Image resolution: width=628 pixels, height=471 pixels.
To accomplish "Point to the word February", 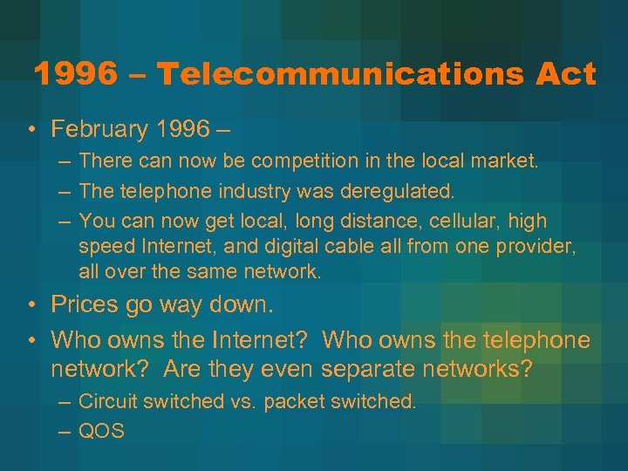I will (100, 130).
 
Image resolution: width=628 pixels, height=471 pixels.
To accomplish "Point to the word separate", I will (370, 368).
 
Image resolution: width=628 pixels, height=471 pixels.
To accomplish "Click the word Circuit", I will (108, 401).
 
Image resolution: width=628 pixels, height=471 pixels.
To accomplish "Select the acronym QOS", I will (101, 431).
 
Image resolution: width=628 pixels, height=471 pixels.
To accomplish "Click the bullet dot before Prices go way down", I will (32, 305).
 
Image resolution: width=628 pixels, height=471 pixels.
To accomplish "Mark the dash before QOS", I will (65, 431).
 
